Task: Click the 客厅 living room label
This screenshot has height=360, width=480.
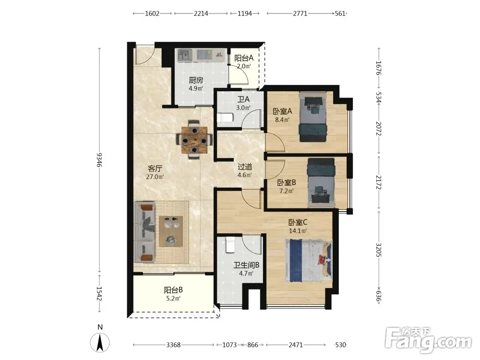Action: coord(155,168)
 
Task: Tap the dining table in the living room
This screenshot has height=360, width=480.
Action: coord(194,140)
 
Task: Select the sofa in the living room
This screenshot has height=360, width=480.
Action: coord(144,232)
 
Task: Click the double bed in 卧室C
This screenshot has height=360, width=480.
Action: coord(309,261)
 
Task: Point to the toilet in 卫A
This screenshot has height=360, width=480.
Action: coord(225,117)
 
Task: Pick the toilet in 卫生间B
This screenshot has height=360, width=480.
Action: coord(230,245)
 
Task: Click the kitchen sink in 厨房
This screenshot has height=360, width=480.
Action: coord(185,55)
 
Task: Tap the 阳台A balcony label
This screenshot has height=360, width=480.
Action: coord(244,58)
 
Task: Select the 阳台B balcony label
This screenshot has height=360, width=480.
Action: coord(174,289)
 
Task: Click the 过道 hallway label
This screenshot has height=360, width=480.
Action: coord(245,167)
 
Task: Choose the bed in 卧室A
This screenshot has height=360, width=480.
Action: coord(312,117)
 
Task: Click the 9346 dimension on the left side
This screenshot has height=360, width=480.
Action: coord(99,160)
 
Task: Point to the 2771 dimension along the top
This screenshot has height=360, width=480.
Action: coord(300,13)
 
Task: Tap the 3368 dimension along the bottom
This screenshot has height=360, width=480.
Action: coord(173,345)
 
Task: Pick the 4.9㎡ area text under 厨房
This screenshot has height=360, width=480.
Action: coord(196,88)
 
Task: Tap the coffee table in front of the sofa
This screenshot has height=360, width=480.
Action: coord(171,231)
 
